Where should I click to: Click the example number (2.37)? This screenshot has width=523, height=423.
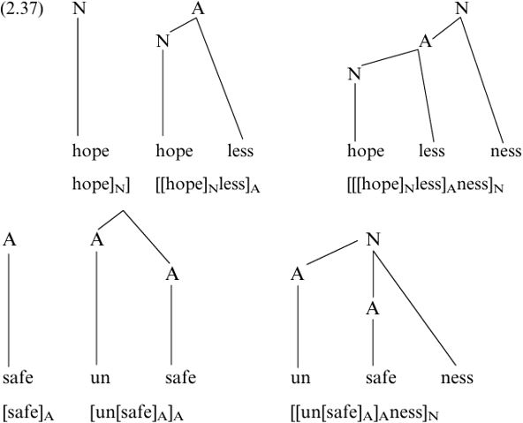(22, 9)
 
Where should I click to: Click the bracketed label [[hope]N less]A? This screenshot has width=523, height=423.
(208, 185)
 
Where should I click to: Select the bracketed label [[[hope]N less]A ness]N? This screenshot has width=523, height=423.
(425, 185)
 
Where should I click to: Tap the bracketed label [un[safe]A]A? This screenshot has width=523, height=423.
(137, 412)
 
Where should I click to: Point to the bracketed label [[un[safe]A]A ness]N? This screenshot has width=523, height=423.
(364, 412)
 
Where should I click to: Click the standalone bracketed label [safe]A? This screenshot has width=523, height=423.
(28, 412)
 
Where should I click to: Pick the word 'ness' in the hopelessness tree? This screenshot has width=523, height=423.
(505, 151)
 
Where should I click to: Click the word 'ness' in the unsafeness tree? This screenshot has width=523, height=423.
(457, 378)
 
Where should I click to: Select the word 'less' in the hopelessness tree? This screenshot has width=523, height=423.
(432, 151)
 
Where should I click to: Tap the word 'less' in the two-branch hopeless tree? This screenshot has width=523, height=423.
(240, 151)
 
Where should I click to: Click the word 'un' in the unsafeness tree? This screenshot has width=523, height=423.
(300, 378)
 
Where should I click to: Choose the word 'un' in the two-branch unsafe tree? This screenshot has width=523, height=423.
(100, 378)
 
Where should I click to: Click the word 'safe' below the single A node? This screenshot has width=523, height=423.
(18, 378)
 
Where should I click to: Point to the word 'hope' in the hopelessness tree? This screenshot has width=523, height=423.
(366, 151)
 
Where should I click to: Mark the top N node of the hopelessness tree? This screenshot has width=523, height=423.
(462, 8)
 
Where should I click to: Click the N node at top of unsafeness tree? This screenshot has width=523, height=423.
(373, 239)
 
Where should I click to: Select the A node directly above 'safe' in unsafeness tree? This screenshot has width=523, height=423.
(373, 309)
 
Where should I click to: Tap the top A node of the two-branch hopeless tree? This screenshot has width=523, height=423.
(198, 8)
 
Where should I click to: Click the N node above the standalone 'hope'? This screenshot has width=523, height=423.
(79, 8)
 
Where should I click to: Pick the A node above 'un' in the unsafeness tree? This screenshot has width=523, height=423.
(298, 275)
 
